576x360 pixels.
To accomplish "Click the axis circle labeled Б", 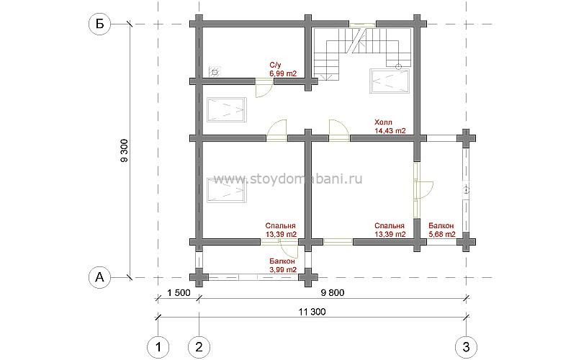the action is tap(99, 24).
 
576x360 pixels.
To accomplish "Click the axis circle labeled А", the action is tap(99, 277).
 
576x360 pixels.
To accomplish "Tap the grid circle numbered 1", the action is tap(158, 347).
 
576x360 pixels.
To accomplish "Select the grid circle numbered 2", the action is tap(199, 347).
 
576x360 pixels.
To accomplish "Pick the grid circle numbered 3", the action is tap(466, 347).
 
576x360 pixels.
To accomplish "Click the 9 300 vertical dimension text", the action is tap(125, 150).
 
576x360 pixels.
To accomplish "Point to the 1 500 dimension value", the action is tap(179, 293).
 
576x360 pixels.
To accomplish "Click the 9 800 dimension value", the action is tap(333, 293).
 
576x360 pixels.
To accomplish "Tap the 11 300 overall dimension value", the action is tap(312, 312).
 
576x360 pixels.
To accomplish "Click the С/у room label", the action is tap(275, 65).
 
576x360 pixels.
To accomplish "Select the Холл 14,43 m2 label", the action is tap(390, 126).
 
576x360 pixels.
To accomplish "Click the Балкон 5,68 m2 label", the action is tap(442, 230).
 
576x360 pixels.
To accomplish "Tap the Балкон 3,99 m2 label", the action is tap(283, 266).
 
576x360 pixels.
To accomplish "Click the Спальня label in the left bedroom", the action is tap(280, 226).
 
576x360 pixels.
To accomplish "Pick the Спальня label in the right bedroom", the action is tap(390, 226).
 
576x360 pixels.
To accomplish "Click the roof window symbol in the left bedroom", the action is tap(226, 190).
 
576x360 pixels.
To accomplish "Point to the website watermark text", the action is tap(287, 179).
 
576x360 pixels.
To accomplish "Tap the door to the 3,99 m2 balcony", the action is tap(289, 248).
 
